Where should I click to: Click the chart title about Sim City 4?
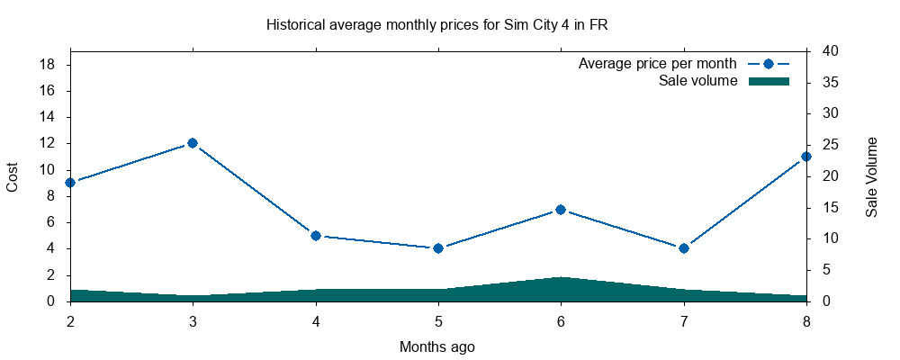click(437, 25)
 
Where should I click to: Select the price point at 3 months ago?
click(193, 143)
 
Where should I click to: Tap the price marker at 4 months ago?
click(316, 236)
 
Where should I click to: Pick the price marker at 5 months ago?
click(438, 248)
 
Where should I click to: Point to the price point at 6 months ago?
click(561, 210)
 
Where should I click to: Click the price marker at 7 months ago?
click(684, 248)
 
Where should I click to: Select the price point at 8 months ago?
click(806, 157)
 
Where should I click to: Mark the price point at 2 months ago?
click(70, 183)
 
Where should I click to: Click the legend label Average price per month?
click(658, 64)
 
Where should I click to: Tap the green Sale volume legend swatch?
click(769, 81)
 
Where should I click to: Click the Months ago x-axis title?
click(437, 346)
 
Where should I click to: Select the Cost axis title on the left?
click(13, 176)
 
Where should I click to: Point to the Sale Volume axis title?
click(871, 176)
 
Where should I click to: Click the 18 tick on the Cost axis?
click(49, 65)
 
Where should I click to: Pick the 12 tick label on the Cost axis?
click(49, 143)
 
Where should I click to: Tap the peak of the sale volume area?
click(561, 278)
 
